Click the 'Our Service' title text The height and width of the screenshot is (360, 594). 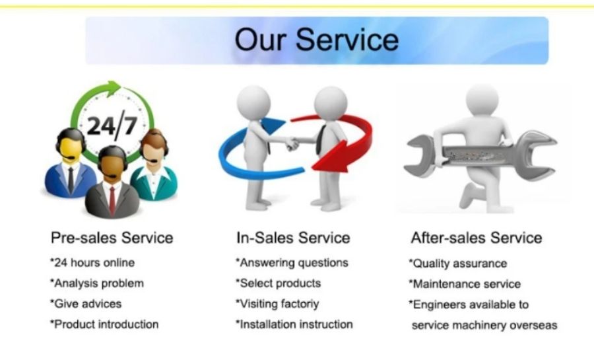317,40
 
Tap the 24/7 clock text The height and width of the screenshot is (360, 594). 112,126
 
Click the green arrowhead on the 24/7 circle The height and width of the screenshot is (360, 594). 112,89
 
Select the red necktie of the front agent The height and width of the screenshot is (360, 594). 112,201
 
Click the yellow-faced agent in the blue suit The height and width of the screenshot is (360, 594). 70,163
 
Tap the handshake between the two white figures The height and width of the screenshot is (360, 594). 292,143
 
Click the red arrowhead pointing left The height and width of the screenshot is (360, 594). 329,158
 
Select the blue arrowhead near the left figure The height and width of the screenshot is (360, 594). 273,125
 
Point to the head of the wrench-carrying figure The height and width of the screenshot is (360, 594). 482,100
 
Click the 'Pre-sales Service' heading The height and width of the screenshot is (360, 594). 112,238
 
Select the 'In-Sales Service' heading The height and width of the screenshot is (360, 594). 293,238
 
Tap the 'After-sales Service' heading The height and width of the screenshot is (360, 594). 477,238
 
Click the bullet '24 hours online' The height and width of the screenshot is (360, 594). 92,263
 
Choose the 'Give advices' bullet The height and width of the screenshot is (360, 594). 86,304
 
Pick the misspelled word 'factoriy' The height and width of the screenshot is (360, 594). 300,304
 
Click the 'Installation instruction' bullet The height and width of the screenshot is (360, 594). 294,324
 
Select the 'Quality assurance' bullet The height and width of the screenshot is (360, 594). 458,264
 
